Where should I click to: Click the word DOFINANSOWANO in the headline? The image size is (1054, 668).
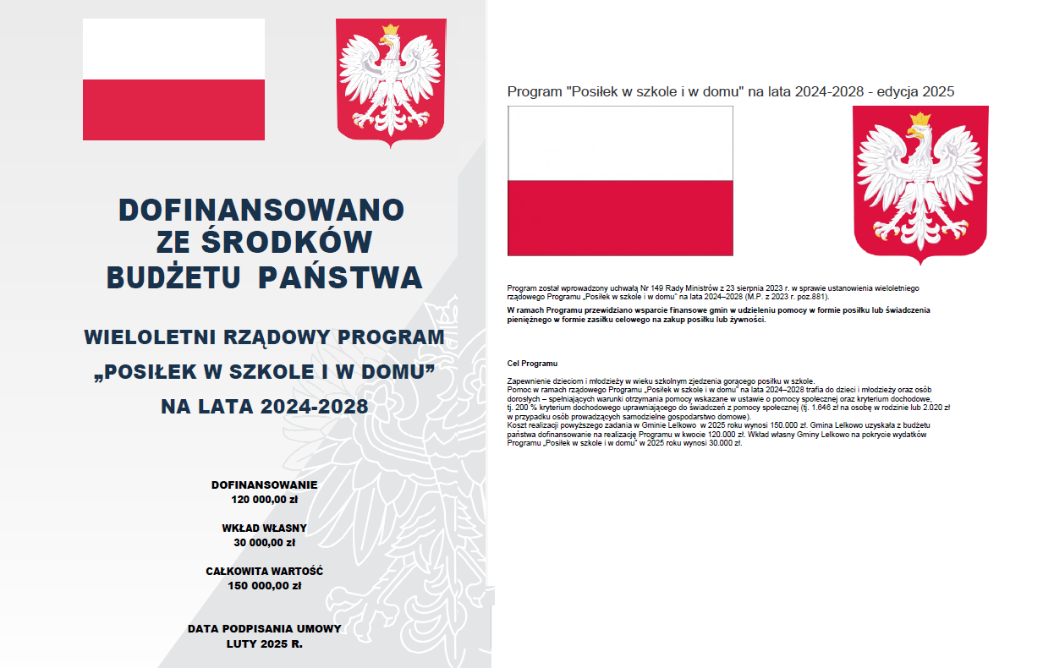pyautogui.click(x=261, y=209)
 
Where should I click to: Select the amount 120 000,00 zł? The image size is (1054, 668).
pyautogui.click(x=264, y=499)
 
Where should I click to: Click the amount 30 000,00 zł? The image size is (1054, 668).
pyautogui.click(x=264, y=542)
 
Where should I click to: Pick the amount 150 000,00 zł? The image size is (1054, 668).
pyautogui.click(x=264, y=585)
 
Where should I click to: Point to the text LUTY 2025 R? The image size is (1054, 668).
pyautogui.click(x=264, y=643)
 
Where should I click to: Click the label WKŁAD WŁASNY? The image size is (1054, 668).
pyautogui.click(x=264, y=528)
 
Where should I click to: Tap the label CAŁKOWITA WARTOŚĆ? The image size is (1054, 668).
pyautogui.click(x=264, y=571)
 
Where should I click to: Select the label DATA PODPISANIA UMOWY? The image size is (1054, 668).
pyautogui.click(x=264, y=628)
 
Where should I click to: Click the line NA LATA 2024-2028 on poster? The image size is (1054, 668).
pyautogui.click(x=264, y=407)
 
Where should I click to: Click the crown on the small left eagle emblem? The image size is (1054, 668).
pyautogui.click(x=390, y=30)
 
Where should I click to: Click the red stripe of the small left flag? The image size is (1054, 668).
pyautogui.click(x=173, y=110)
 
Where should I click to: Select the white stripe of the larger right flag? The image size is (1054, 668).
pyautogui.click(x=620, y=144)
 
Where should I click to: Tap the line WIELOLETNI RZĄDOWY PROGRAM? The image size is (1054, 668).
pyautogui.click(x=264, y=337)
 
